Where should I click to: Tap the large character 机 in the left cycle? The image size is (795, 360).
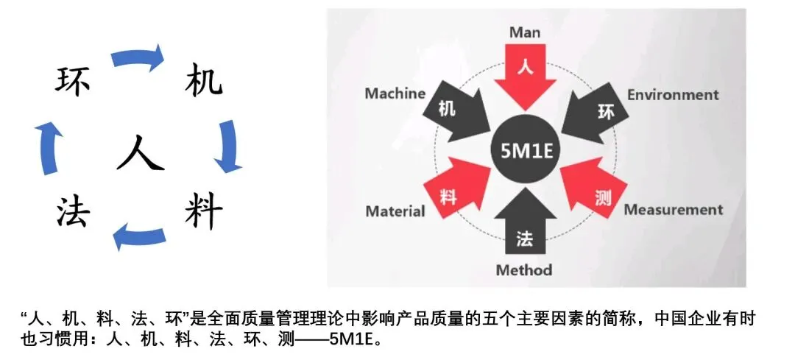click(x=202, y=80)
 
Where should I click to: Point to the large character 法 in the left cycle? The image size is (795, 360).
click(x=73, y=213)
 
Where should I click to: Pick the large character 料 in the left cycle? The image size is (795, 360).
click(x=203, y=213)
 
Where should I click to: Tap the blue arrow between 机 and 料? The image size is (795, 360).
click(x=227, y=146)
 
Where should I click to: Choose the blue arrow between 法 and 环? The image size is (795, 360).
click(x=48, y=147)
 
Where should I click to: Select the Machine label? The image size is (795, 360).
click(x=395, y=93)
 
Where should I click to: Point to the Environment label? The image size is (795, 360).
click(x=672, y=95)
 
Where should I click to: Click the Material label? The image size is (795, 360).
click(x=395, y=212)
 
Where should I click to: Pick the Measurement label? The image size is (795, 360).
click(x=673, y=210)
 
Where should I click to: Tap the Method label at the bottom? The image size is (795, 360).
click(x=523, y=269)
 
